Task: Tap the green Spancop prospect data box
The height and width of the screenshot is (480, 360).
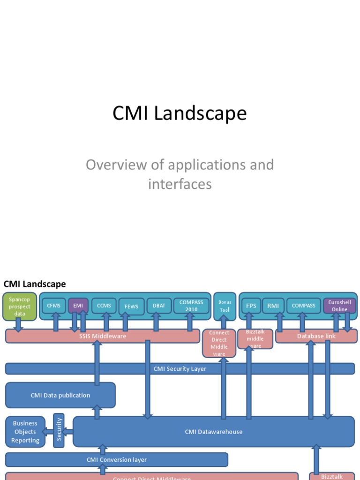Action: point(20,307)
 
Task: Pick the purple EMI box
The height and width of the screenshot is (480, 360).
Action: point(78,306)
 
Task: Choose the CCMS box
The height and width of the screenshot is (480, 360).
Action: point(104,306)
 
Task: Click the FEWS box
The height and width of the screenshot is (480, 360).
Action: point(131,307)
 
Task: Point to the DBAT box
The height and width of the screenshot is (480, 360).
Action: point(159,306)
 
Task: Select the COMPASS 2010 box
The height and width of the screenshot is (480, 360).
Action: point(191,306)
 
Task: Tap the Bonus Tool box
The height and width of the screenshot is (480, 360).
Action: point(225,306)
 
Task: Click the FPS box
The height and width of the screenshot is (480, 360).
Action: point(251,306)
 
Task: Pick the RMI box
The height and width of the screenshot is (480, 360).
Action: point(273,306)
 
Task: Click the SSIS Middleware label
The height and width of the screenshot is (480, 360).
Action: point(102,336)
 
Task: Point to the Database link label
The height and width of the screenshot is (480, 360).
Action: point(316,336)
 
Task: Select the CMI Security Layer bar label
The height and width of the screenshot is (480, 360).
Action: point(180,369)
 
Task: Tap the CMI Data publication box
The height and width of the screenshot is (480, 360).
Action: point(60,395)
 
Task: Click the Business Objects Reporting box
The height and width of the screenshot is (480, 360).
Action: point(25,432)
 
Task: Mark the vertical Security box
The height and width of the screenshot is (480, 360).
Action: point(59,431)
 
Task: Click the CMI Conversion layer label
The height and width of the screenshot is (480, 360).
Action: point(117,460)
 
